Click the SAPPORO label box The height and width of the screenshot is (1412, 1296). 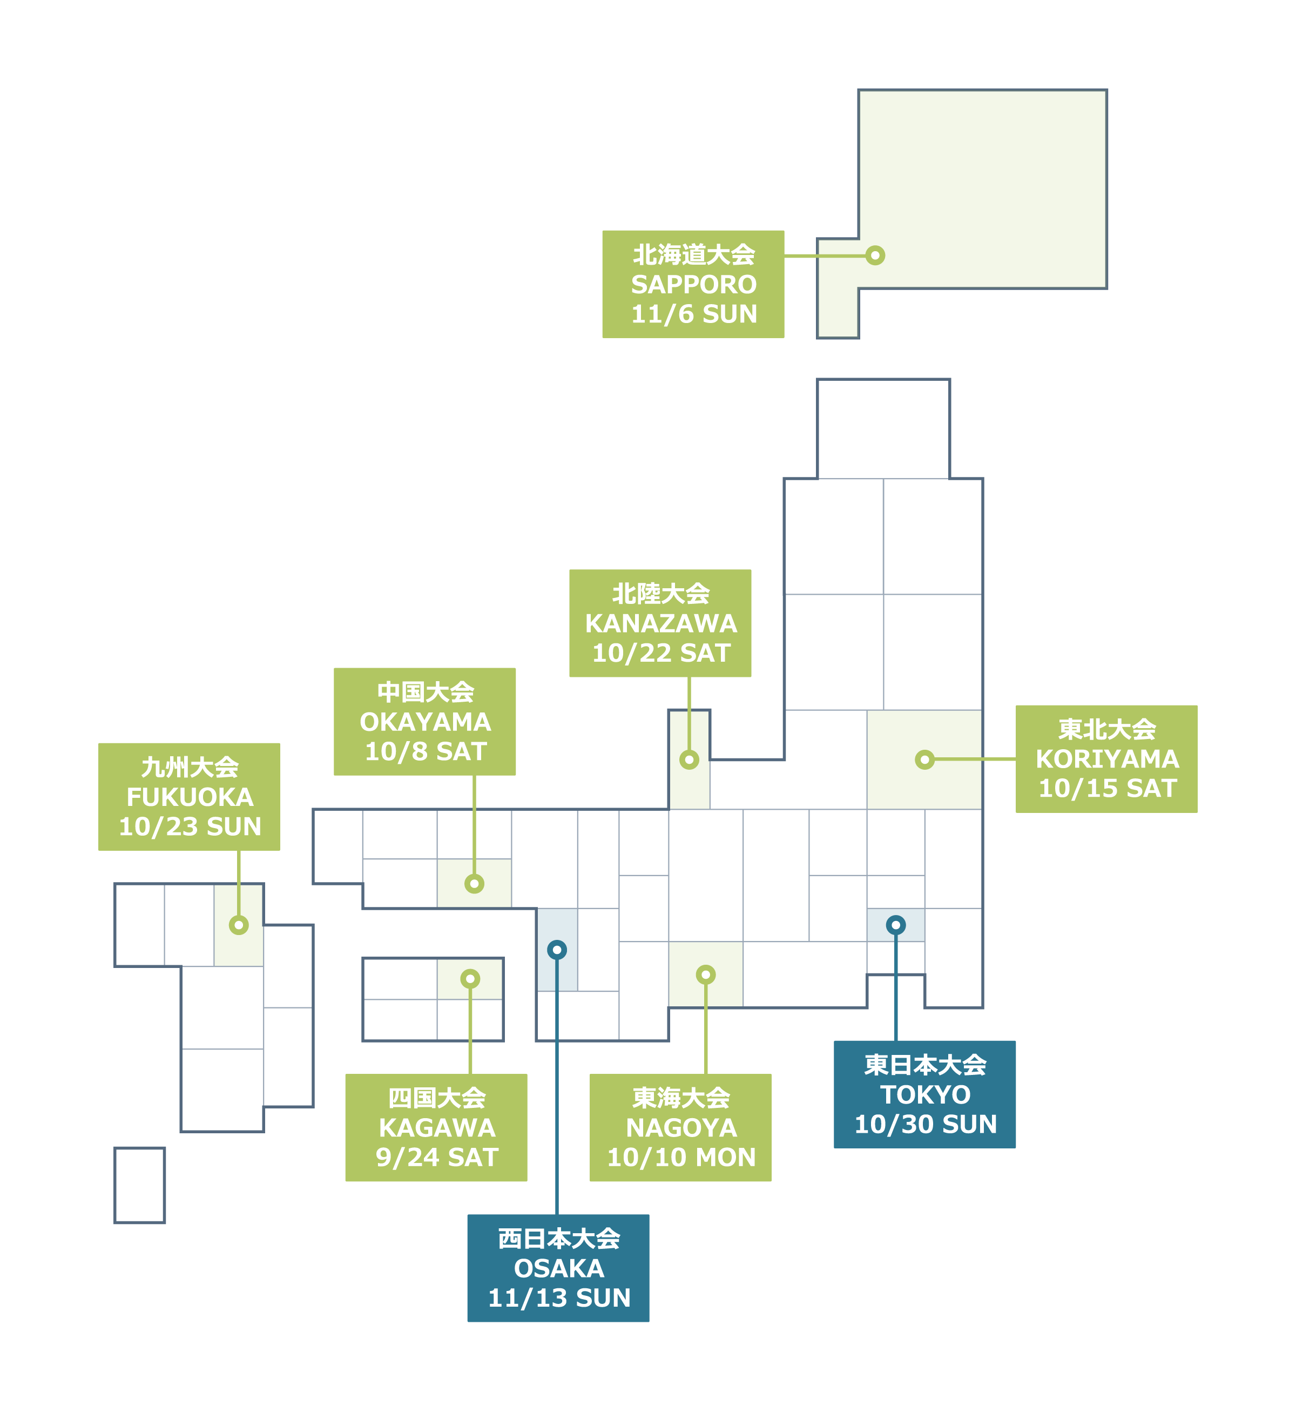pos(693,284)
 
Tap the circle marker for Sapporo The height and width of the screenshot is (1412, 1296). pos(874,255)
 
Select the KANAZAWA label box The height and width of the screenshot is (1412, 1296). pos(660,623)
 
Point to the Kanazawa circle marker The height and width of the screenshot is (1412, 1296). pos(690,759)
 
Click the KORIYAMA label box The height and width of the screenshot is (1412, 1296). pos(1106,759)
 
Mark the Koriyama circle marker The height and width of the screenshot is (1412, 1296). pos(924,759)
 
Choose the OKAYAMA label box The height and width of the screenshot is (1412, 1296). pos(424,721)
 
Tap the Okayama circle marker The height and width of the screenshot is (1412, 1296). pos(474,884)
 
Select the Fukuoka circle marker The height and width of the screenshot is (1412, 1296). pos(239,925)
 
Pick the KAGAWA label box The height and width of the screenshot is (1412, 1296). pos(436,1127)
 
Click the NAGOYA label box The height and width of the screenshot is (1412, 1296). pos(680,1127)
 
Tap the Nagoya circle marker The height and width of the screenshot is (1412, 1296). pos(705,974)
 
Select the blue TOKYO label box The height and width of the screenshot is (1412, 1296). pos(924,1094)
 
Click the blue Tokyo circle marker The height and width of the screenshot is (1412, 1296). pos(895,925)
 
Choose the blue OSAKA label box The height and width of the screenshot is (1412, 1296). pos(558,1268)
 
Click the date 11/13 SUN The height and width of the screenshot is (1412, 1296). pos(559,1299)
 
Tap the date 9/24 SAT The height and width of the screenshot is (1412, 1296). pos(436,1158)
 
